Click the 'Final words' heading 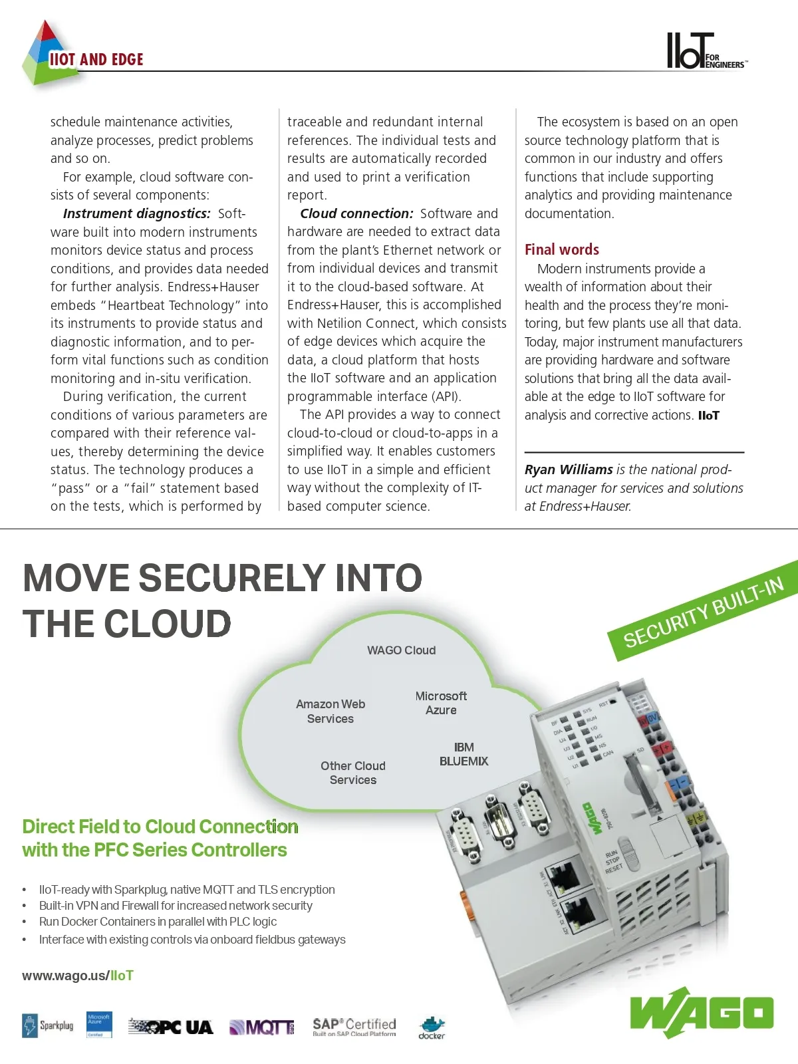(562, 249)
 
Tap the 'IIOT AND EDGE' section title (96, 60)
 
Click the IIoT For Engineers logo (706, 52)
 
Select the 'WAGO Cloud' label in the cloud (401, 650)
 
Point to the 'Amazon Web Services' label (331, 712)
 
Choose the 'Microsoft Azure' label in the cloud (441, 703)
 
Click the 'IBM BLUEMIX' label (464, 754)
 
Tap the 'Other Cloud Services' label (353, 773)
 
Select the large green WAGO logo (702, 1013)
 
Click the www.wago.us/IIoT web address (78, 976)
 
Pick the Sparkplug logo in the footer (48, 1025)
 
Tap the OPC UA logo (171, 1027)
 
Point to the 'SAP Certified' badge (354, 1027)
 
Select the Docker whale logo (432, 1027)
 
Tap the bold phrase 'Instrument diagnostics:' (136, 213)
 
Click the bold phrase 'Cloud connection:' (356, 213)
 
